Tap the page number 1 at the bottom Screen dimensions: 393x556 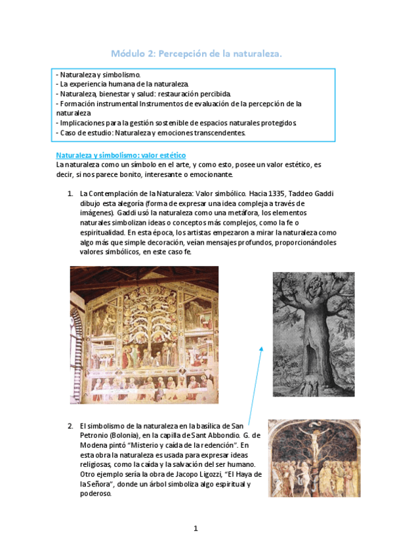point(196,528)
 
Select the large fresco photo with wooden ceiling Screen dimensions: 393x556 point(145,335)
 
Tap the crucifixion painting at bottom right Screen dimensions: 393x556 point(314,458)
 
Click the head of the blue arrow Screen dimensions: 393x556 point(261,348)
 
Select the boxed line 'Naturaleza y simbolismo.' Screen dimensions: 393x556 point(103,75)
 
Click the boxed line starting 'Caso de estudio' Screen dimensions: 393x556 point(151,132)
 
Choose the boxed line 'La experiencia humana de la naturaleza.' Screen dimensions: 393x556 point(123,85)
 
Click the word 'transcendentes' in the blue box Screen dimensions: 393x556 point(213,132)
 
